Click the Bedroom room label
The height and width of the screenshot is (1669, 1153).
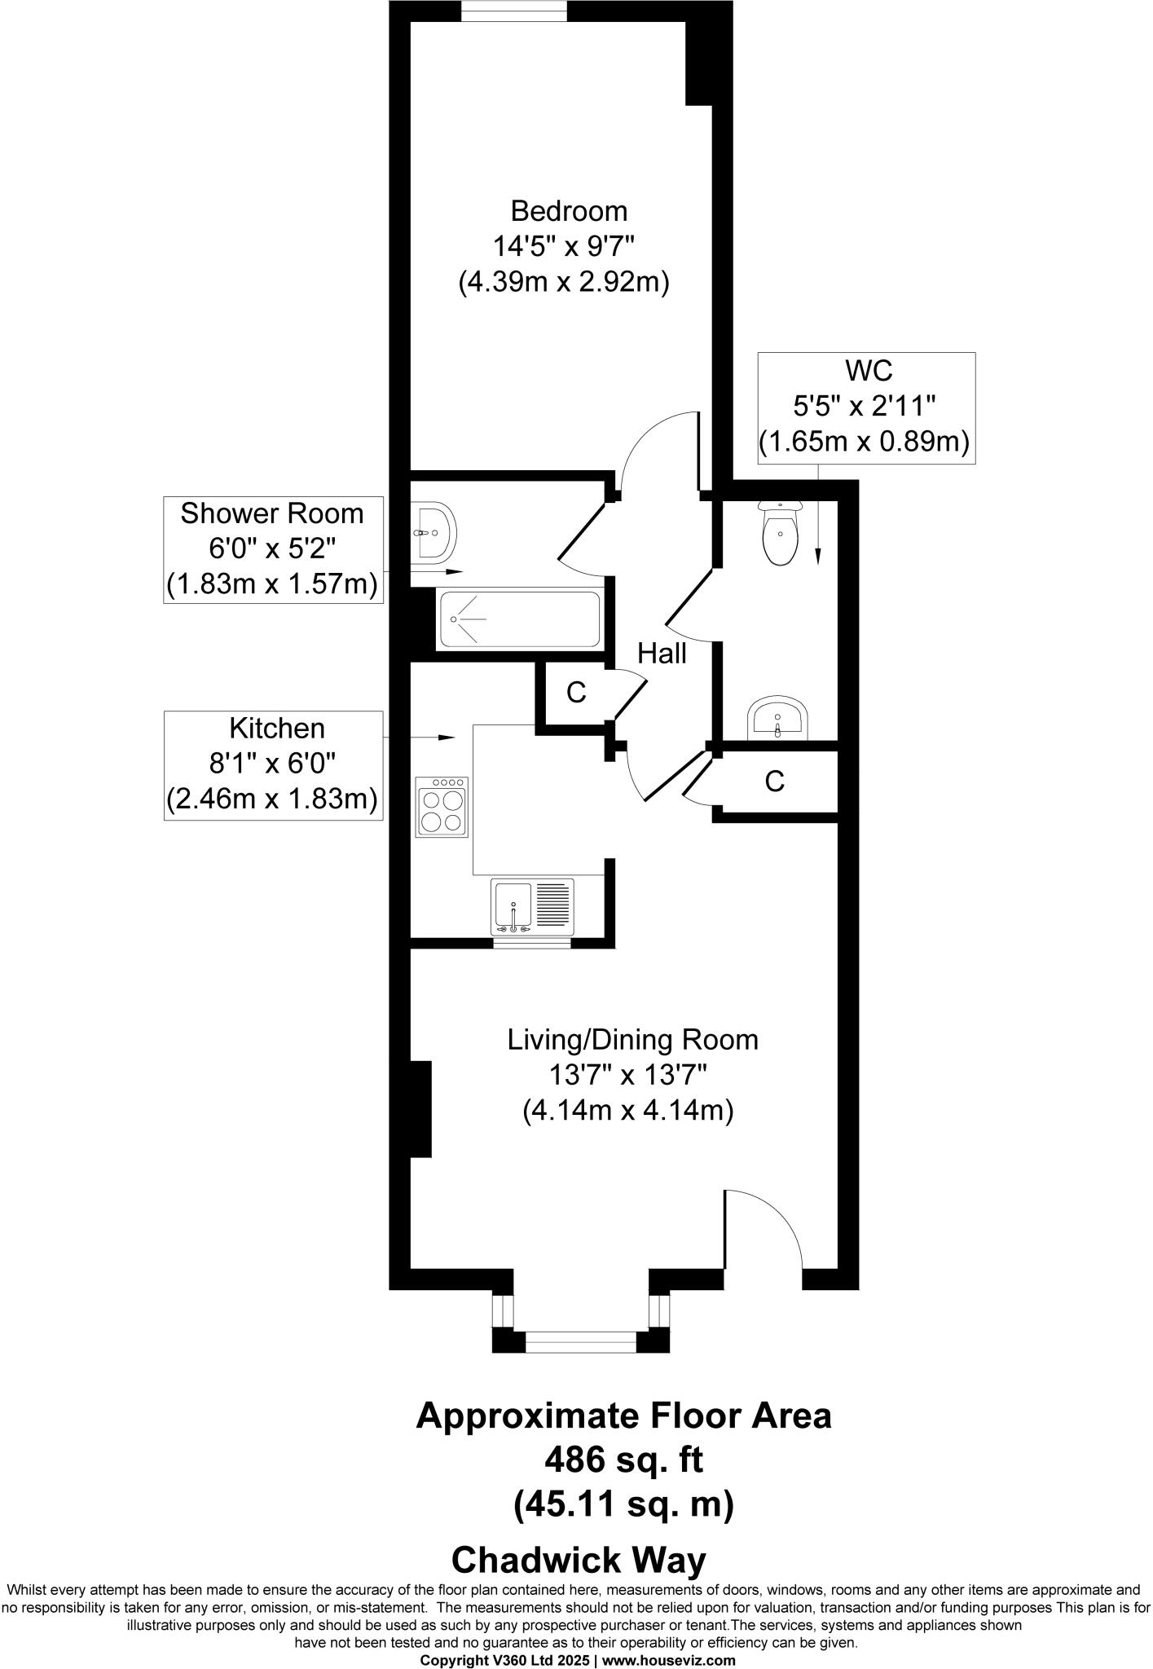[x=569, y=211]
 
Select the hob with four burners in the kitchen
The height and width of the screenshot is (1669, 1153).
[x=442, y=807]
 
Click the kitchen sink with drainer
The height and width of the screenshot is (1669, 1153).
[x=532, y=906]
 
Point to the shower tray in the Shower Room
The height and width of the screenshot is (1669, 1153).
[x=520, y=619]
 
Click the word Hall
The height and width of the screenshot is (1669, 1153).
[x=662, y=654]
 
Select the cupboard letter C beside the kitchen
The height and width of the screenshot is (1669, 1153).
[x=576, y=693]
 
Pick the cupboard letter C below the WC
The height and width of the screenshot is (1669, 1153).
[x=774, y=782]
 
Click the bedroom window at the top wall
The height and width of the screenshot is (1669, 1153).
[x=514, y=11]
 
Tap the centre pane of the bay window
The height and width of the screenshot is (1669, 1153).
[x=580, y=1341]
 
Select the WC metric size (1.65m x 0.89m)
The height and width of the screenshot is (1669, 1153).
[x=865, y=443]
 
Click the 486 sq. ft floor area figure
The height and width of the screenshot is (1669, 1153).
[x=623, y=1460]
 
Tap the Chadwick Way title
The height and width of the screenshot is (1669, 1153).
[x=579, y=1561]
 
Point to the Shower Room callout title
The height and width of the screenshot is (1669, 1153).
[x=272, y=513]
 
